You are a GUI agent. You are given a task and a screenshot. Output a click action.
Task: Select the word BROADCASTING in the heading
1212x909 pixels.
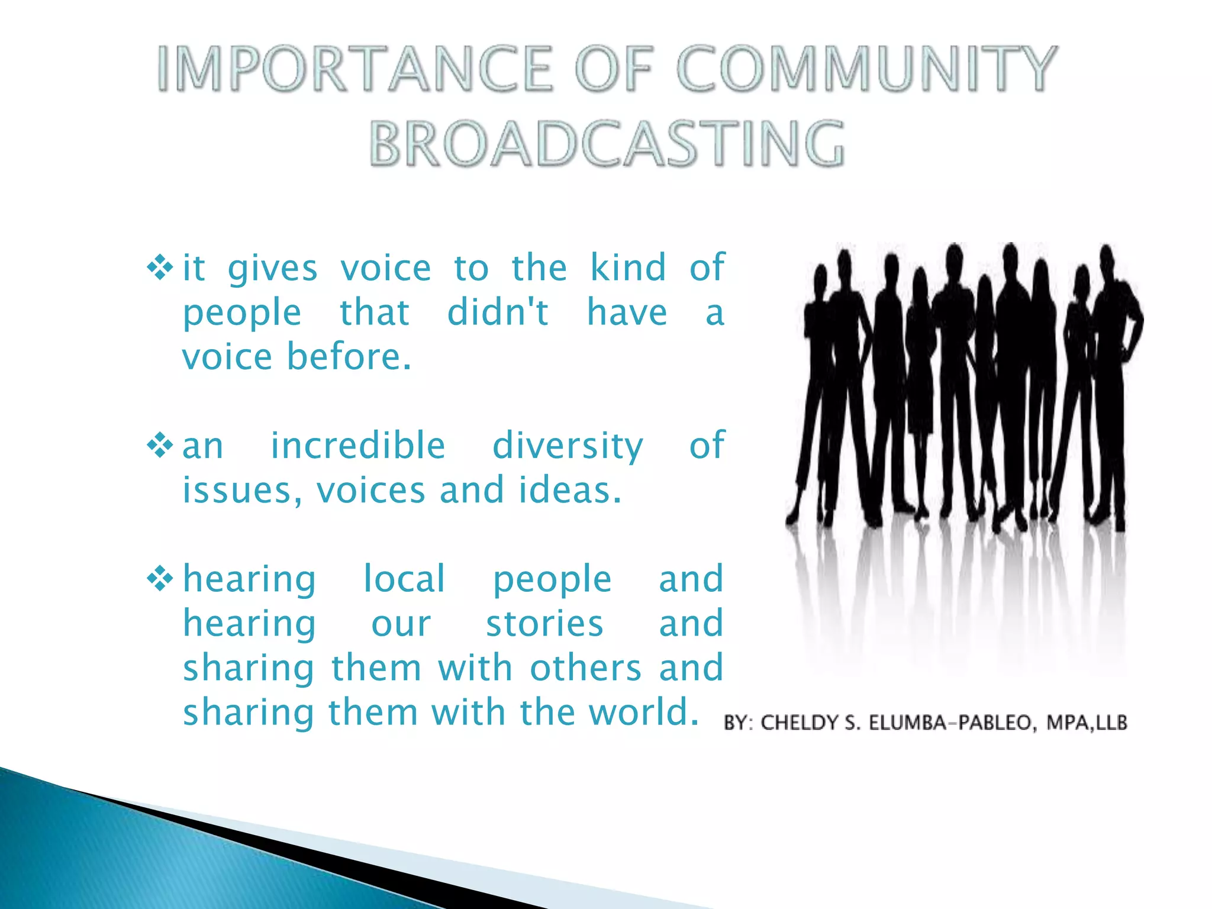[607, 144]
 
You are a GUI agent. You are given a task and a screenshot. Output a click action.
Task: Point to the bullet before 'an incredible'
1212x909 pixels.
[160, 445]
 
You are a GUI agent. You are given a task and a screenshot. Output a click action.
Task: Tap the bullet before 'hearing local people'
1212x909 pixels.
[160, 578]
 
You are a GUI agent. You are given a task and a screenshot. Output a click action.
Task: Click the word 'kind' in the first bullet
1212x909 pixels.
[628, 267]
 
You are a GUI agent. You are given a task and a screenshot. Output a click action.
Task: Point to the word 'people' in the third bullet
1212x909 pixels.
[552, 580]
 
